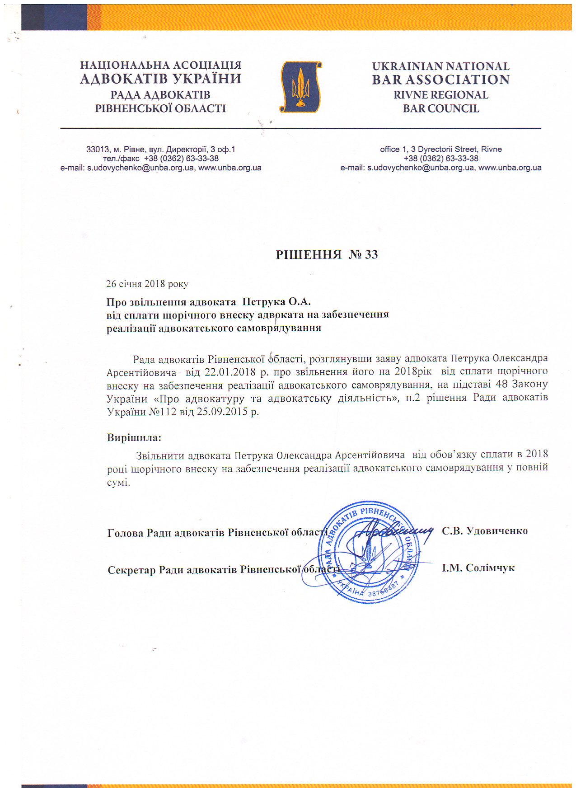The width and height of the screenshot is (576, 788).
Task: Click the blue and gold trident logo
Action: (x=300, y=87)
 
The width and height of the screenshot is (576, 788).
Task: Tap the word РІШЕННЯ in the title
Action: (x=309, y=255)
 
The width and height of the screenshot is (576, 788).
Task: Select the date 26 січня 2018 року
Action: (x=147, y=284)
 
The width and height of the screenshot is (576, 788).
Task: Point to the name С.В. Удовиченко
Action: (x=484, y=531)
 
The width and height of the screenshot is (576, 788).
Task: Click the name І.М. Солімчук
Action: (x=478, y=568)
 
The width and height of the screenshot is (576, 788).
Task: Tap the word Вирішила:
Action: (x=134, y=437)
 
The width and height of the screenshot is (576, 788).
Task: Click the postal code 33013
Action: (x=97, y=150)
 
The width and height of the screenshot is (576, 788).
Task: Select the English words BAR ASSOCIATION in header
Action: (x=440, y=80)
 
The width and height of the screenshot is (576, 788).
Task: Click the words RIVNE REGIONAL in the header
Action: (x=440, y=95)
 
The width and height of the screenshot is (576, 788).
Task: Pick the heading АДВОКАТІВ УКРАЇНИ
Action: (x=160, y=79)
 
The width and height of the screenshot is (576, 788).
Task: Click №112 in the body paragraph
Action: (x=162, y=412)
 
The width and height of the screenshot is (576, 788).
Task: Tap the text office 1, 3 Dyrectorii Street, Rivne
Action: (x=440, y=150)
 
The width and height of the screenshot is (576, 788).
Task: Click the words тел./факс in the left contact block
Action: (x=121, y=159)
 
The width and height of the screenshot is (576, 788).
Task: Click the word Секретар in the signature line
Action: (x=131, y=570)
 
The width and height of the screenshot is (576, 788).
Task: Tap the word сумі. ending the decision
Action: (x=118, y=482)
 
